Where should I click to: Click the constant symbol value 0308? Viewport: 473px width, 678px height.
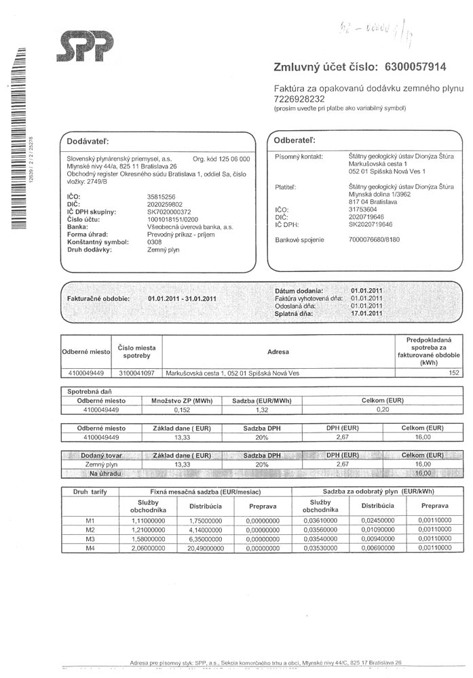(155, 242)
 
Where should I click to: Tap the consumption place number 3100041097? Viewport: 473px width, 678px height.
(136, 373)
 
